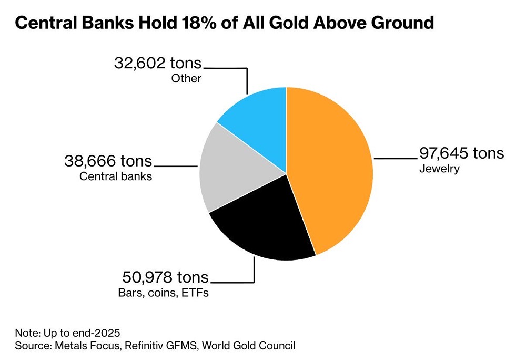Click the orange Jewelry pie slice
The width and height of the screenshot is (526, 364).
point(331,168)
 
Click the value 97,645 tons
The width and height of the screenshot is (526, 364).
point(461,153)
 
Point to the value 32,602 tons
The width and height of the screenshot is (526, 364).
point(158,64)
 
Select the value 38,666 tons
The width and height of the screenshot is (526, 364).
point(108,160)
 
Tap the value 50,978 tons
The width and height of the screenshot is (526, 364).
point(165,277)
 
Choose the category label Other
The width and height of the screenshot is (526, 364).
point(186,79)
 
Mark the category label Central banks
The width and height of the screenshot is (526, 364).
point(116,176)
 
